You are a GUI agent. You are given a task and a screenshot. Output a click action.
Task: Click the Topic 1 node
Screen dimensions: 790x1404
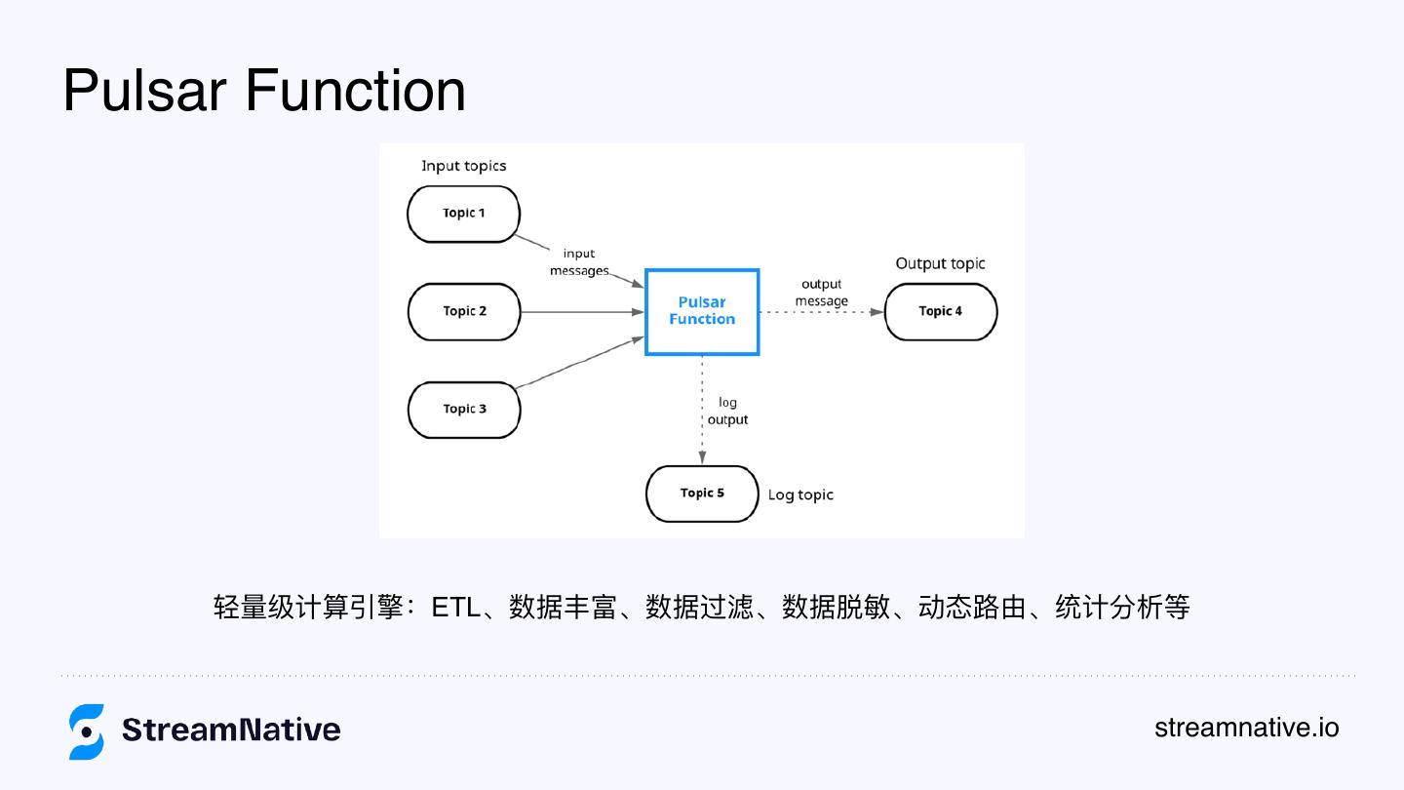tap(463, 214)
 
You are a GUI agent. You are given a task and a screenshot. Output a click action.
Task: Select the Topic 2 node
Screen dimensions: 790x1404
tap(463, 312)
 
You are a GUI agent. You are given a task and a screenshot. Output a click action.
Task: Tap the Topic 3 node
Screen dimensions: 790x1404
tap(463, 410)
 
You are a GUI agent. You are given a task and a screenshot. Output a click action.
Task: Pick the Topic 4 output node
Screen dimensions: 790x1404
tap(941, 312)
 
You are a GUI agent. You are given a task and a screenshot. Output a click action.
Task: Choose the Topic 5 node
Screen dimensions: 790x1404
tap(702, 494)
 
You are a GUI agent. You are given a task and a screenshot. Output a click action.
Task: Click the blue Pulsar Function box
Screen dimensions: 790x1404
tap(702, 311)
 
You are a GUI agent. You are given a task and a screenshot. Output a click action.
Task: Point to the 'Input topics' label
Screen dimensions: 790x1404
tap(463, 166)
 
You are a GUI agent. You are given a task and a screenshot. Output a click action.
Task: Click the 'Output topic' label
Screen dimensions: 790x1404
tap(940, 263)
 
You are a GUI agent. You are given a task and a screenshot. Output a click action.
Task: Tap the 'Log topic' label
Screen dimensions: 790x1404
tap(800, 495)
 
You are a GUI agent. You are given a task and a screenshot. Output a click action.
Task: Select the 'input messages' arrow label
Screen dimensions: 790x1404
tap(579, 262)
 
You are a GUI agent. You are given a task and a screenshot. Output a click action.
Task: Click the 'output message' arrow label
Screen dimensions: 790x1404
tap(821, 293)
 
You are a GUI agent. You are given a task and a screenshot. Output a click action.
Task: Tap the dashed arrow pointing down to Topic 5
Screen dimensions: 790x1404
tap(702, 410)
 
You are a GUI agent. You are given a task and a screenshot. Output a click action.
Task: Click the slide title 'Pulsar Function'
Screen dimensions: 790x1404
tap(264, 91)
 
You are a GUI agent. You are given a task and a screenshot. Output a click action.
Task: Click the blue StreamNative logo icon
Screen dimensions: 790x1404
tap(87, 731)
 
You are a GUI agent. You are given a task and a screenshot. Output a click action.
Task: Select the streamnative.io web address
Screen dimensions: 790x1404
tap(1246, 728)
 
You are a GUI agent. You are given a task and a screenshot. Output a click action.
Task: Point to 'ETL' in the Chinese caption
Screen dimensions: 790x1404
tap(456, 608)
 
